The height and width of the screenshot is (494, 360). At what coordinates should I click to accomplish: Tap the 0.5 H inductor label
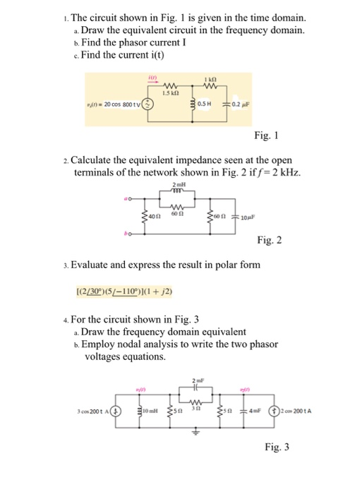click(x=205, y=106)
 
